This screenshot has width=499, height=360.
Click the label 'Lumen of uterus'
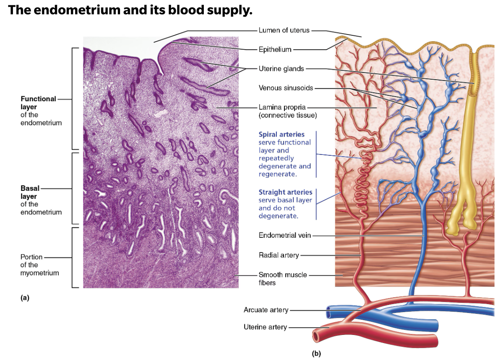(x=284, y=30)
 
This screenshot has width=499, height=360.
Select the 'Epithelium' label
(x=275, y=49)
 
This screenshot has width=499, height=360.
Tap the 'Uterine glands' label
(x=281, y=69)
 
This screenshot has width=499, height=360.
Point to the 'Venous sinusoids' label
(x=286, y=88)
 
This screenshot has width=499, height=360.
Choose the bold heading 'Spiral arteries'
(x=281, y=134)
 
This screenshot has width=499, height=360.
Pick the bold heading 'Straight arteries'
(x=285, y=192)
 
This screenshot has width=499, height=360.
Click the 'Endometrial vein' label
(x=284, y=235)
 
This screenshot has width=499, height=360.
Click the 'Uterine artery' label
(x=265, y=327)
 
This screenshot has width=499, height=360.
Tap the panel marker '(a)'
(x=25, y=297)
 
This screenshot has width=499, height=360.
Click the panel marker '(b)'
(x=317, y=353)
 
